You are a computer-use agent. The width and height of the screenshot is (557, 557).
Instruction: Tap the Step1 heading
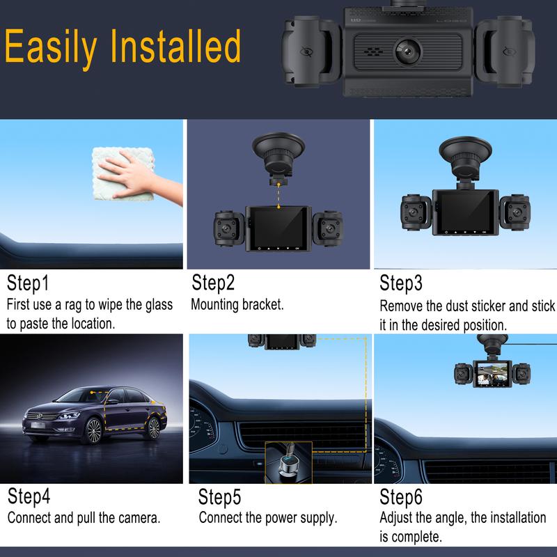coord(28,283)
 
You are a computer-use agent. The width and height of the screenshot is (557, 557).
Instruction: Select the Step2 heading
coord(213,283)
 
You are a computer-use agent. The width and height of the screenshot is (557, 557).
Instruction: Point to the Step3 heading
coord(401,283)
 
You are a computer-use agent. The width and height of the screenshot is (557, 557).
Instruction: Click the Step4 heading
coord(29,496)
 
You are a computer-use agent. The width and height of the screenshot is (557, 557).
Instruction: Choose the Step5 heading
coord(219,497)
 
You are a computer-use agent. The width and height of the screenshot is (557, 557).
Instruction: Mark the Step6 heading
coord(401,497)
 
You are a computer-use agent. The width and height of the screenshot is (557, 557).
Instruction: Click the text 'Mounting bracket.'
coord(237,304)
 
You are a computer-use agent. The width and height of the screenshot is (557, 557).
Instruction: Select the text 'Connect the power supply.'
coord(268,517)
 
